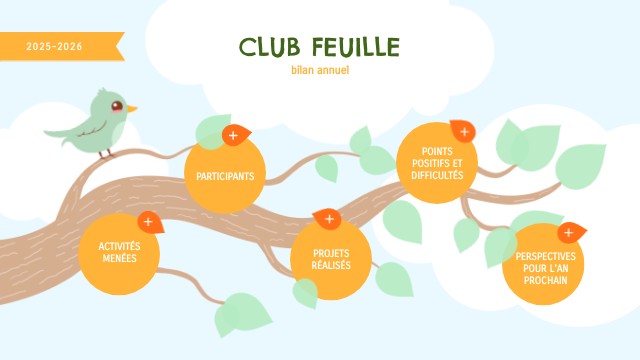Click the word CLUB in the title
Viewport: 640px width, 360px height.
point(269,47)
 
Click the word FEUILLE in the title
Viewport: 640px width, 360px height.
point(356,47)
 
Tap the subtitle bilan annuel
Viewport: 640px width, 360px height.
point(320,70)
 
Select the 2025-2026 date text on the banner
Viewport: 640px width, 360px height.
point(54,47)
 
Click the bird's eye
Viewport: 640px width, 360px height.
point(117,106)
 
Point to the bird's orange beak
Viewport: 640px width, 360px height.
point(132,109)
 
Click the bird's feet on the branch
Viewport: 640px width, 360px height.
point(106,154)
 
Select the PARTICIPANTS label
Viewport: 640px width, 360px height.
point(225,176)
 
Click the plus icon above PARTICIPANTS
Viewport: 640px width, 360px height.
point(233,136)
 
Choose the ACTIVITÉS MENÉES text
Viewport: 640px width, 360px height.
point(119,252)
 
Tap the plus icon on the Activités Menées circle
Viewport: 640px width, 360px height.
point(148,222)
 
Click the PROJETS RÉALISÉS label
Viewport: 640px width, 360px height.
point(331,259)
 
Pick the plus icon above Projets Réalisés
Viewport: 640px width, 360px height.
point(329,219)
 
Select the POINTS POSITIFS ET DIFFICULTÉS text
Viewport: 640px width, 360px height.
point(437,163)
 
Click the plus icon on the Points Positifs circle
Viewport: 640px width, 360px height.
point(464,132)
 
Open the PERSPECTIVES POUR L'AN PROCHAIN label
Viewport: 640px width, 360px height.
point(545,268)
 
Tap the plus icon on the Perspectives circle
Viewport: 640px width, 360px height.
point(569,233)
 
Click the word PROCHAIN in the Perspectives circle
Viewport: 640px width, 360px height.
point(546,280)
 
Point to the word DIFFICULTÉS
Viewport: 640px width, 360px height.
point(437,176)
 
